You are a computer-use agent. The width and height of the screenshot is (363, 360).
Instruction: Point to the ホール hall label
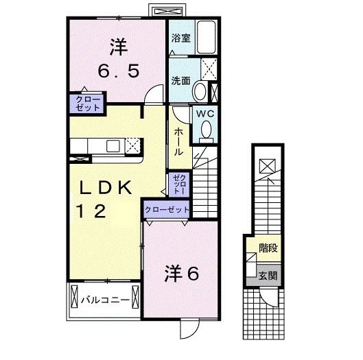(x=178, y=141)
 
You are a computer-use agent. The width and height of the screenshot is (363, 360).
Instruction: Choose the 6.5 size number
(x=118, y=69)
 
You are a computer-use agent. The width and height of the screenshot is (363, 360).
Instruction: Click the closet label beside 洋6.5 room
(x=83, y=103)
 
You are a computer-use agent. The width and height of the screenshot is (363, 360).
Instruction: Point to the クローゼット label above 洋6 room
(x=167, y=208)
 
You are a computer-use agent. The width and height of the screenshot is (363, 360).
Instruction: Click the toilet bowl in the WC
(x=204, y=133)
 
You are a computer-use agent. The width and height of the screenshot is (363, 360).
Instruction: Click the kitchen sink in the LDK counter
(x=113, y=145)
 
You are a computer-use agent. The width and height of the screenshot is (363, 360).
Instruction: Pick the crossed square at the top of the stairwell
(x=268, y=165)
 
